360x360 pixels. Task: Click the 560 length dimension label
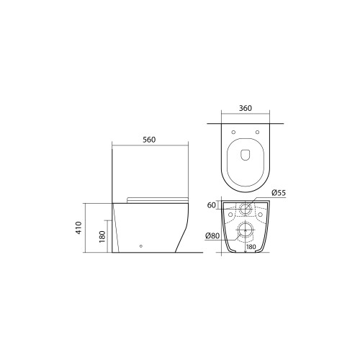pyautogui.click(x=149, y=140)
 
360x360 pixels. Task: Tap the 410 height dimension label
pyautogui.click(x=79, y=228)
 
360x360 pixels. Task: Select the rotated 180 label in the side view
pyautogui.click(x=102, y=236)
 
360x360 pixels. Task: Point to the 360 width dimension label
pyautogui.click(x=246, y=108)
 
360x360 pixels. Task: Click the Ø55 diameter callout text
pyautogui.click(x=279, y=193)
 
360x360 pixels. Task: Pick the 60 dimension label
pyautogui.click(x=212, y=205)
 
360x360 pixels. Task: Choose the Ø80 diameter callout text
pyautogui.click(x=212, y=235)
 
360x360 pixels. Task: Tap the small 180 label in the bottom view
pyautogui.click(x=251, y=247)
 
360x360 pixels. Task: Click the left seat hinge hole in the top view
pyautogui.click(x=233, y=132)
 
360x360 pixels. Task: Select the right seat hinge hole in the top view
pyautogui.click(x=258, y=132)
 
